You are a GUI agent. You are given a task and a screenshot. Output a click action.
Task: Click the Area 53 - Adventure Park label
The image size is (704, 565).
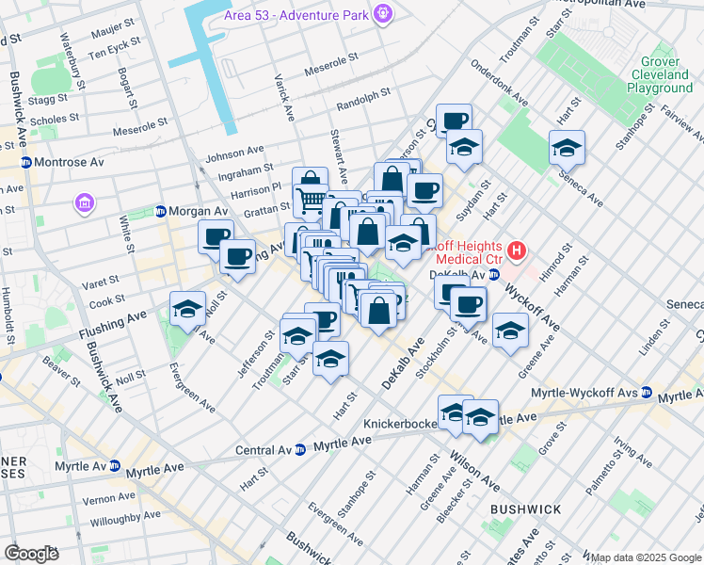click(x=296, y=15)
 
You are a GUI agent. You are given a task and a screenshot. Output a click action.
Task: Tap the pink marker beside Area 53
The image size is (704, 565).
click(x=382, y=14)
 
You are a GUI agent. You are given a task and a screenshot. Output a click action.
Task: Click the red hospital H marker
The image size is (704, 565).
click(x=516, y=251)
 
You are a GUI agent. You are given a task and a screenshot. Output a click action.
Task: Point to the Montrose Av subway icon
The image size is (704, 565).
click(x=26, y=162)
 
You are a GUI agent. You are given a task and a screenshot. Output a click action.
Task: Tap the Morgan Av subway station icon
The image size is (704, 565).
click(x=161, y=211)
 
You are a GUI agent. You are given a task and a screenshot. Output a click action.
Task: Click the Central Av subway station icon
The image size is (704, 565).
click(x=299, y=449)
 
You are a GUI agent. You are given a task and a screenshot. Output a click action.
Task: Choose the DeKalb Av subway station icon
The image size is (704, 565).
click(x=493, y=275)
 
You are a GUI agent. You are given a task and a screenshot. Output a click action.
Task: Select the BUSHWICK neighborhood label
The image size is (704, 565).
click(x=525, y=508)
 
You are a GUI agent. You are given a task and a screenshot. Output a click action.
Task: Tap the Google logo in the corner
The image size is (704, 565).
click(x=31, y=553)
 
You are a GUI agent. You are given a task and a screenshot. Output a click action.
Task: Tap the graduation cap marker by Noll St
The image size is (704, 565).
click(x=187, y=309)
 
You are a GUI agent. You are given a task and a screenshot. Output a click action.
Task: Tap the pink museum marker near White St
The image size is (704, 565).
click(x=85, y=202)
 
